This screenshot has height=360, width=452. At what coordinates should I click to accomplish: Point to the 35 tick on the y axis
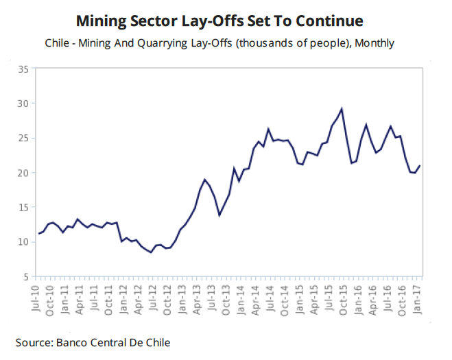[x=23, y=69]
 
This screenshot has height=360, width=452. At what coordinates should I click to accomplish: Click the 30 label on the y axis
[x=23, y=104]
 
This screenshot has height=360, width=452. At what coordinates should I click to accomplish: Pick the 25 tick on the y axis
[x=23, y=138]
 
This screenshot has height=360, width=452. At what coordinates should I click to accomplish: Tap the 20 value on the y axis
[x=23, y=173]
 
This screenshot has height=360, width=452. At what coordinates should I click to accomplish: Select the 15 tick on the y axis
[x=23, y=207]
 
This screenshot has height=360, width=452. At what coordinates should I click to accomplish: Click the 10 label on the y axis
[x=23, y=242]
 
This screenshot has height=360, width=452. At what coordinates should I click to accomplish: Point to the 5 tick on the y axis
[x=25, y=276]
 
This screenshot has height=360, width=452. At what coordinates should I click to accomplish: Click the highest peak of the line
[x=342, y=108]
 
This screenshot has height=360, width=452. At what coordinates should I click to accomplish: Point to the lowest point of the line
[x=151, y=252]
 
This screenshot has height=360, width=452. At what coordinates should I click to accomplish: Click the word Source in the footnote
[x=35, y=341]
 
